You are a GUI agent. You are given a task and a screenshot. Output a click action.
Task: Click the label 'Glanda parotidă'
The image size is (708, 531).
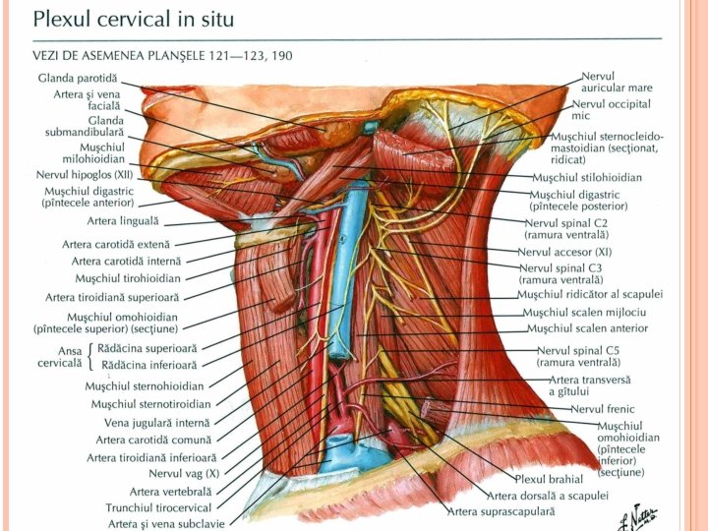pos(78,77)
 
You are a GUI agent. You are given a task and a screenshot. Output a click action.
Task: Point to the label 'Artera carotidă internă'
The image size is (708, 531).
pos(126,261)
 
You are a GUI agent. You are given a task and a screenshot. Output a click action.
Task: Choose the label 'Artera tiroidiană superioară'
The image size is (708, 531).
pos(112,297)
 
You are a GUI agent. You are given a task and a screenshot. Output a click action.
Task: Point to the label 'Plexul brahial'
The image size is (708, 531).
pos(549,479)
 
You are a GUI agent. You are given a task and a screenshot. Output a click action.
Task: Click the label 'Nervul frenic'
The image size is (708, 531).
pos(603,409)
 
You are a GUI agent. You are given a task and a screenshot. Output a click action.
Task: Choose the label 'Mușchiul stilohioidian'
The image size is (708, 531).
pos(586,178)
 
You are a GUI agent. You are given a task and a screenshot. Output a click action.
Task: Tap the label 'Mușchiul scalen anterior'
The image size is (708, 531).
pos(587,328)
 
